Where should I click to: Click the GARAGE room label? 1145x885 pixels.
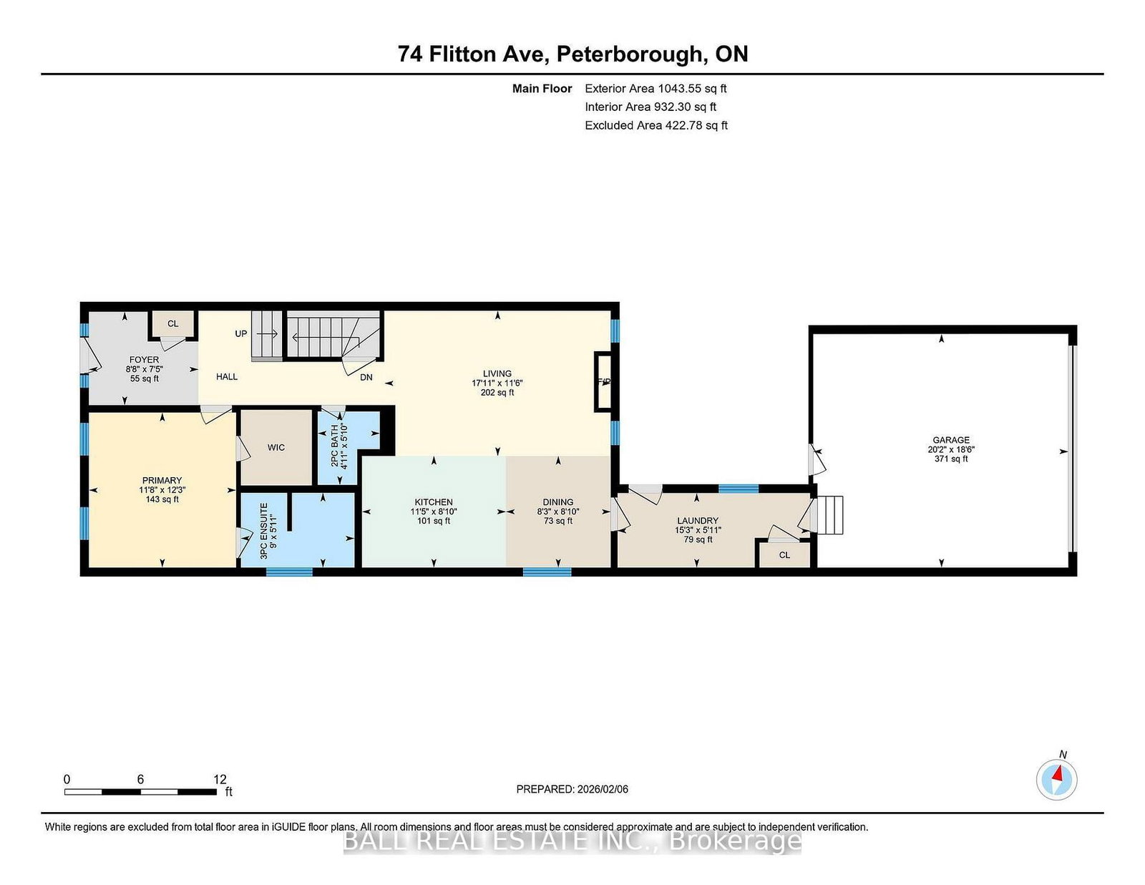tap(950, 440)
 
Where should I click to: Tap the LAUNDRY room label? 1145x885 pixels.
tap(697, 521)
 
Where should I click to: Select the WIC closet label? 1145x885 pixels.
tap(276, 447)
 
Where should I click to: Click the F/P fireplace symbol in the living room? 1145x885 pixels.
tap(604, 382)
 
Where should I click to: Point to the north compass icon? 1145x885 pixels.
tap(1056, 779)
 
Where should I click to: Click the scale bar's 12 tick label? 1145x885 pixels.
tap(220, 779)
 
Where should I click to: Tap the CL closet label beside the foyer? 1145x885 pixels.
tap(172, 323)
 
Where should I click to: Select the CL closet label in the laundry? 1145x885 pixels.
tap(784, 554)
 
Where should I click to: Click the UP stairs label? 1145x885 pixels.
tap(241, 333)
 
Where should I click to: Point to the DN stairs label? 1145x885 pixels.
tap(366, 377)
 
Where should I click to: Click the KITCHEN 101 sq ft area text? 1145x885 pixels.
tap(434, 521)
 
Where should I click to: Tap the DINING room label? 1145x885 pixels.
tap(558, 502)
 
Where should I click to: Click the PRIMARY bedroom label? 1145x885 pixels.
tap(162, 480)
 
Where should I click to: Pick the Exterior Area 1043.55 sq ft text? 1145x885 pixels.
tap(656, 89)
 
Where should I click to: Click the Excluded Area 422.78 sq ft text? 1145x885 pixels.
tap(656, 125)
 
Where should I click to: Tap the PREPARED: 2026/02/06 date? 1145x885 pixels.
tap(572, 789)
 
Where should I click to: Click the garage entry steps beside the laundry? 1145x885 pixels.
tap(831, 515)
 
